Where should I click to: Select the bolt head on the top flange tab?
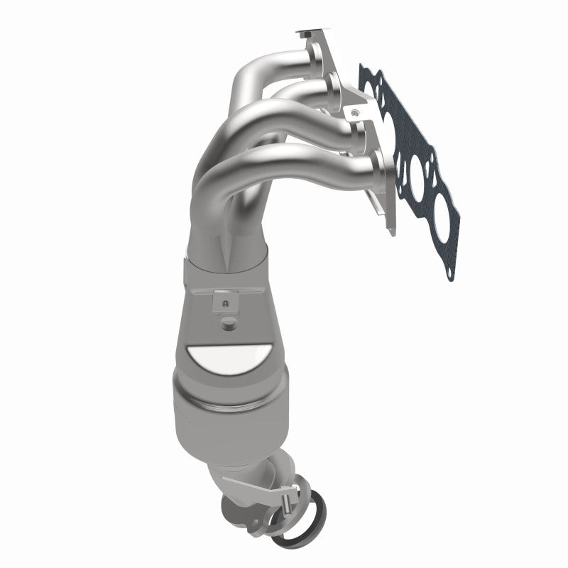coord(307,32)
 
